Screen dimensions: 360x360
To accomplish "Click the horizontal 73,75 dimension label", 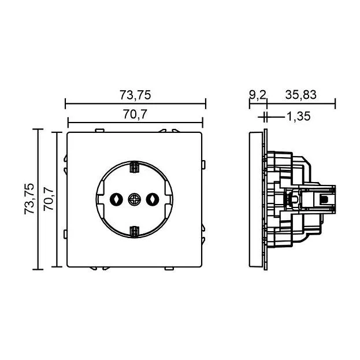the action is [x=135, y=95].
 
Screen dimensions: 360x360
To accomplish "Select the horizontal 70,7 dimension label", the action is [x=135, y=114].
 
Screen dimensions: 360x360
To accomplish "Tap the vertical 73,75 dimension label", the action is [x=29, y=199].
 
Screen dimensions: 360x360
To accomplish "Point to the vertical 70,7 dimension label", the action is [x=49, y=199].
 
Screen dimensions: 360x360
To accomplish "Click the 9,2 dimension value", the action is [x=257, y=95].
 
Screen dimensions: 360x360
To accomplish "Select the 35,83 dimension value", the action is [x=300, y=95].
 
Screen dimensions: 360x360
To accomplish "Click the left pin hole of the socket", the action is [x=116, y=199].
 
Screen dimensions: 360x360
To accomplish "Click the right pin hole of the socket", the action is [x=153, y=199].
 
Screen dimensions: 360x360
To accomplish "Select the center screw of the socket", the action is [x=134, y=199].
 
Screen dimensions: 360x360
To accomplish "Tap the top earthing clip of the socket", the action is [x=134, y=167].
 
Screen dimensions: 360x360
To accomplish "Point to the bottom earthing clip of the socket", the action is [x=134, y=231].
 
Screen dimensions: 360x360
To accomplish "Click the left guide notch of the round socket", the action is [x=101, y=199].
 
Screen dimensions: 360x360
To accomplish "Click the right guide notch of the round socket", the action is [x=168, y=199].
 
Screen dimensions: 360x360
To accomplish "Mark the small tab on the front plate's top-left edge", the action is [x=99, y=131].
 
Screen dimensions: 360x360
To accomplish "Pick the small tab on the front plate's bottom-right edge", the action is [x=169, y=268].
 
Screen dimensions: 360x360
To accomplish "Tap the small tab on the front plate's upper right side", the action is [x=203, y=165].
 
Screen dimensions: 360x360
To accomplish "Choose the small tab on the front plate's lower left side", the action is [x=65, y=234].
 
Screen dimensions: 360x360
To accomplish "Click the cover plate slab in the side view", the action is [x=256, y=199].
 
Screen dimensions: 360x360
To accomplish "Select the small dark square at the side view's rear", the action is [x=324, y=199].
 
